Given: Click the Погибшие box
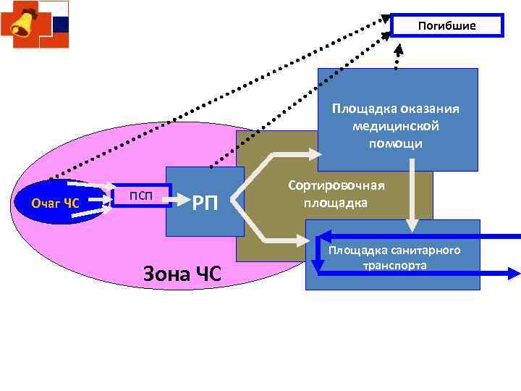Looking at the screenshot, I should click(x=446, y=25).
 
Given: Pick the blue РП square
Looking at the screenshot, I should click(x=205, y=202).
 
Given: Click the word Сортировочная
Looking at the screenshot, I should click(x=336, y=185).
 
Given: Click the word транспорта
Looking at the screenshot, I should click(x=394, y=266).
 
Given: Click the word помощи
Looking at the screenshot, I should click(x=395, y=143).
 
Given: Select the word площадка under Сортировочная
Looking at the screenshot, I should click(x=335, y=202).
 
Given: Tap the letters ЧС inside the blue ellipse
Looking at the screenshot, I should click(x=71, y=202).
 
